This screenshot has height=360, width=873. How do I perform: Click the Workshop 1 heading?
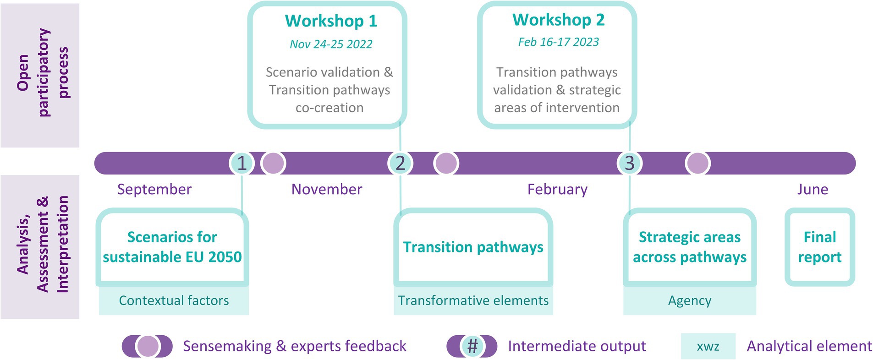pos(331,21)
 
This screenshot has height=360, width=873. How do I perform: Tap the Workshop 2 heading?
pos(558,20)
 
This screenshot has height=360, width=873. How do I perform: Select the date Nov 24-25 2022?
pos(331,44)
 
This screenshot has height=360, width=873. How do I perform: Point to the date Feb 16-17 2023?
pos(558,42)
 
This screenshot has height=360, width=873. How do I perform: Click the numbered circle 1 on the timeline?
pos(242,163)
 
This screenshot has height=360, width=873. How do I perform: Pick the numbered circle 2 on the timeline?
pos(400,163)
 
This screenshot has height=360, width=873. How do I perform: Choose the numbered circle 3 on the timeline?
pos(629,163)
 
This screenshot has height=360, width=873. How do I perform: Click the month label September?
pos(154,189)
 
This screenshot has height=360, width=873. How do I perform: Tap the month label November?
pos(327,189)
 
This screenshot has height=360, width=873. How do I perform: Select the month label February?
pos(557,189)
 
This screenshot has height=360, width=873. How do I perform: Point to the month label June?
pos(813,189)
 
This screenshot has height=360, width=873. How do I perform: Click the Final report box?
pos(819,247)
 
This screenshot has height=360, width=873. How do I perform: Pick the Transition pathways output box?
pos(473,247)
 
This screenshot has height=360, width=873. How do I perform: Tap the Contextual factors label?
pos(174,300)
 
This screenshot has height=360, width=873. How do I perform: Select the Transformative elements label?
pos(473,300)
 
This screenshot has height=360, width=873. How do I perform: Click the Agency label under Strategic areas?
pos(689,300)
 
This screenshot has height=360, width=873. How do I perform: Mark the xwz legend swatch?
pos(708,346)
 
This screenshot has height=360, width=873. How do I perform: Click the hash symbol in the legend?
pos(472,346)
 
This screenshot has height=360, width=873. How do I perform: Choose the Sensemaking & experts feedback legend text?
pos(294,346)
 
